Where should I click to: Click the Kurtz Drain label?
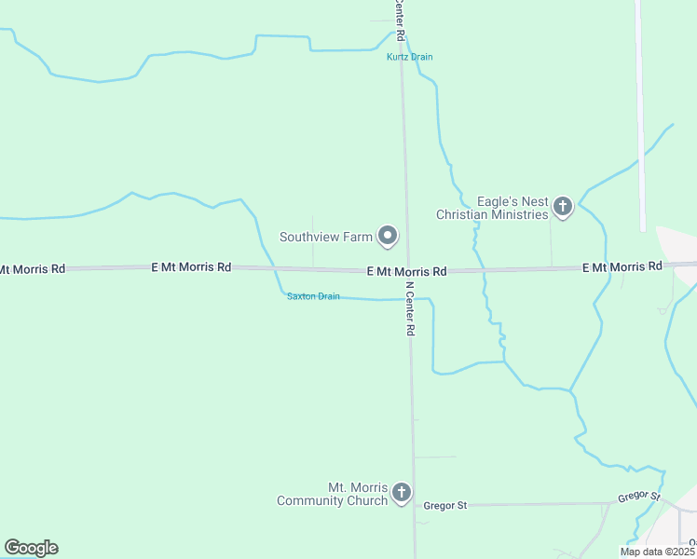pyautogui.click(x=410, y=57)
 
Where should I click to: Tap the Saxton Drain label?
pyautogui.click(x=313, y=296)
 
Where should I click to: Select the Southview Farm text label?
pyautogui.click(x=326, y=237)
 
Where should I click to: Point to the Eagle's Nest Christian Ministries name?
pyautogui.click(x=492, y=208)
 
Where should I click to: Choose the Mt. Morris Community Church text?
pyautogui.click(x=332, y=494)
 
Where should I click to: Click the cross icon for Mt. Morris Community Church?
pyautogui.click(x=402, y=493)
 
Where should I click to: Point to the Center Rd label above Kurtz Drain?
pyautogui.click(x=399, y=19)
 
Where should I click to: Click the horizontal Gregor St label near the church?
pyautogui.click(x=444, y=505)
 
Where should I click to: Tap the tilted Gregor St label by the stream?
pyautogui.click(x=639, y=497)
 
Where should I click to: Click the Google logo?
pyautogui.click(x=31, y=548)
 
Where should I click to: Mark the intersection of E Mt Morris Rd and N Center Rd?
pyautogui.click(x=407, y=270)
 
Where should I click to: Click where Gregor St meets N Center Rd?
pyautogui.click(x=415, y=505)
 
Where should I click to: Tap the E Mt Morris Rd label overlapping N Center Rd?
pyautogui.click(x=406, y=271)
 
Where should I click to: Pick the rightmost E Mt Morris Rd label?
pyautogui.click(x=622, y=266)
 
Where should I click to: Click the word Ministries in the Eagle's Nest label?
pyautogui.click(x=522, y=214)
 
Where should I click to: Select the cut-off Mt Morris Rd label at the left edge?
pyautogui.click(x=33, y=268)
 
